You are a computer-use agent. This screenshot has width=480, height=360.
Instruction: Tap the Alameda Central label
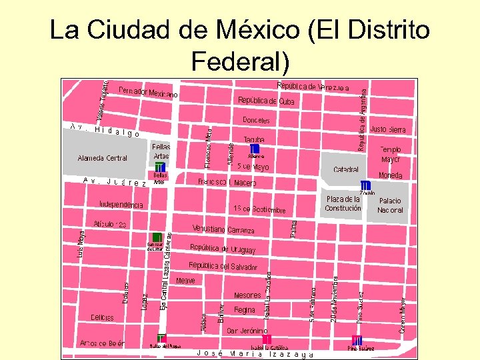tap(102, 158)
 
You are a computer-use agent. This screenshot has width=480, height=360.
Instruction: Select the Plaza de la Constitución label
tap(343, 203)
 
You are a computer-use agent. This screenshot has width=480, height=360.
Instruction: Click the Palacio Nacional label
tap(390, 205)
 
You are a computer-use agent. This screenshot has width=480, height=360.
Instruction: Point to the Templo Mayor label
tap(391, 155)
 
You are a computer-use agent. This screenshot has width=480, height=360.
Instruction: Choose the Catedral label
tap(346, 170)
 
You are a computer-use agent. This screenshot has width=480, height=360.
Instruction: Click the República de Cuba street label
tap(266, 101)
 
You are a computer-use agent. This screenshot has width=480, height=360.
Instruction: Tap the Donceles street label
tap(256, 121)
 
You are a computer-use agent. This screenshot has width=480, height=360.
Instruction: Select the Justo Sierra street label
tap(387, 129)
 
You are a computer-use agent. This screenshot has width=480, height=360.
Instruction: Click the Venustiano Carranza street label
tap(223, 229)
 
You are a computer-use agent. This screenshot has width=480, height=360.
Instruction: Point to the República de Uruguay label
tap(223, 249)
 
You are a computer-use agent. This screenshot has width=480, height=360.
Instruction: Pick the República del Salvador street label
tap(223, 266)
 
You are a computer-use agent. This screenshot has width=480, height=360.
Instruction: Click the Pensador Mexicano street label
tap(148, 93)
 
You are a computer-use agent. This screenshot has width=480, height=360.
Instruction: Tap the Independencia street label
tap(121, 205)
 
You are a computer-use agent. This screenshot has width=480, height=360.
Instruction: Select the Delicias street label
tap(102, 317)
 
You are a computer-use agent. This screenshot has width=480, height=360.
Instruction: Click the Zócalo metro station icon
tap(365, 185)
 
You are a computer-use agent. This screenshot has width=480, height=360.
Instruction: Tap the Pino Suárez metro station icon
tap(357, 341)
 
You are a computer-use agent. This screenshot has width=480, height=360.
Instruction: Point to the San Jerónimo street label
tap(247, 331)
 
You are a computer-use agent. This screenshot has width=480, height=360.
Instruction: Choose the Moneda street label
tap(390, 175)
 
